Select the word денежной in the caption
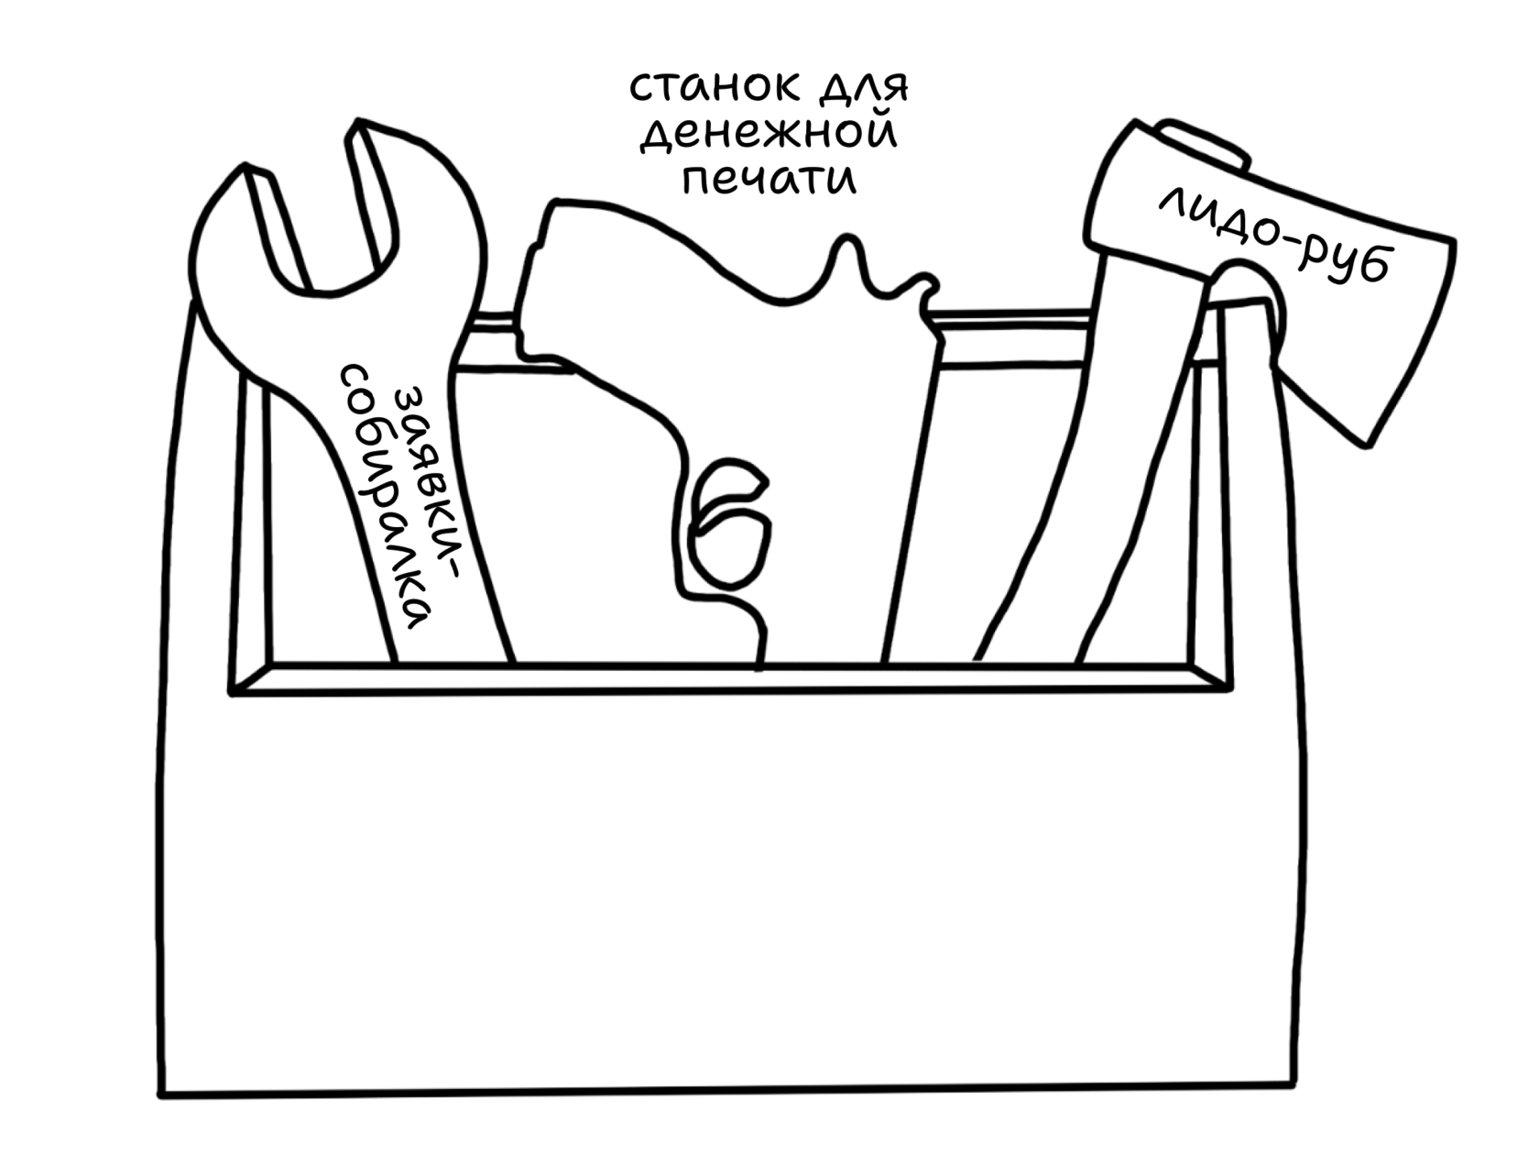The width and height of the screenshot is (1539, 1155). coord(768,134)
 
